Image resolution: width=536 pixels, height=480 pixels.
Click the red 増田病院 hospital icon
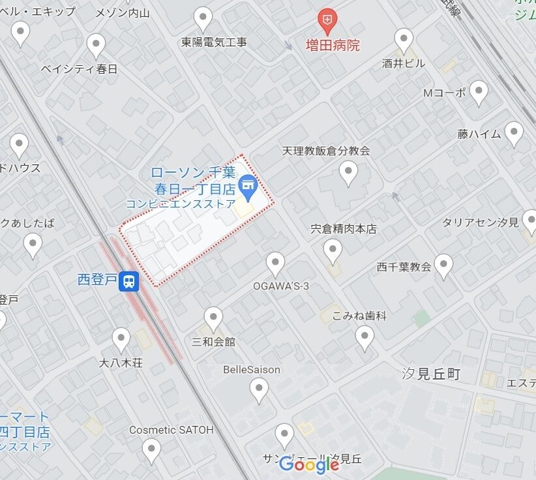[x=327, y=20]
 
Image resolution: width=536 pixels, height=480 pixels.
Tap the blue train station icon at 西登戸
[x=130, y=281]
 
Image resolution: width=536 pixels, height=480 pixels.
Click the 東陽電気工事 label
[x=214, y=42]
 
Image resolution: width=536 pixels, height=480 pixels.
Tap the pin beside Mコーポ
[x=479, y=93]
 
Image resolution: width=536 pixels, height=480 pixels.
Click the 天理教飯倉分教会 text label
[x=326, y=151]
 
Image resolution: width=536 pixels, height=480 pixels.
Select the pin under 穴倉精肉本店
[x=333, y=250]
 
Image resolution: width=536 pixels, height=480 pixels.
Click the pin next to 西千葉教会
[x=444, y=266]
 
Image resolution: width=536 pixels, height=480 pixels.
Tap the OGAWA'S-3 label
[x=281, y=286]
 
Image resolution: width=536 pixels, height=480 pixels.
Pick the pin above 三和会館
[x=213, y=318]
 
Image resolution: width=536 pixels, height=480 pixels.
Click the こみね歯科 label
[x=359, y=316]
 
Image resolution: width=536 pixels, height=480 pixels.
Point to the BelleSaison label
[x=252, y=370]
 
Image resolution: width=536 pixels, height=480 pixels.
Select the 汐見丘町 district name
[x=431, y=374]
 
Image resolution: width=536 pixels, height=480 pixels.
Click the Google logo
[x=309, y=464]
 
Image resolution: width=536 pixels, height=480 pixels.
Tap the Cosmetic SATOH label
[x=171, y=430]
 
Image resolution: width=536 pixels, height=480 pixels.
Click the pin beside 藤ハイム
[x=514, y=134]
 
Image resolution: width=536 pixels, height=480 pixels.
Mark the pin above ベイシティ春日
[x=97, y=46]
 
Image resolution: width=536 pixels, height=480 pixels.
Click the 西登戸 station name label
[x=98, y=280]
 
